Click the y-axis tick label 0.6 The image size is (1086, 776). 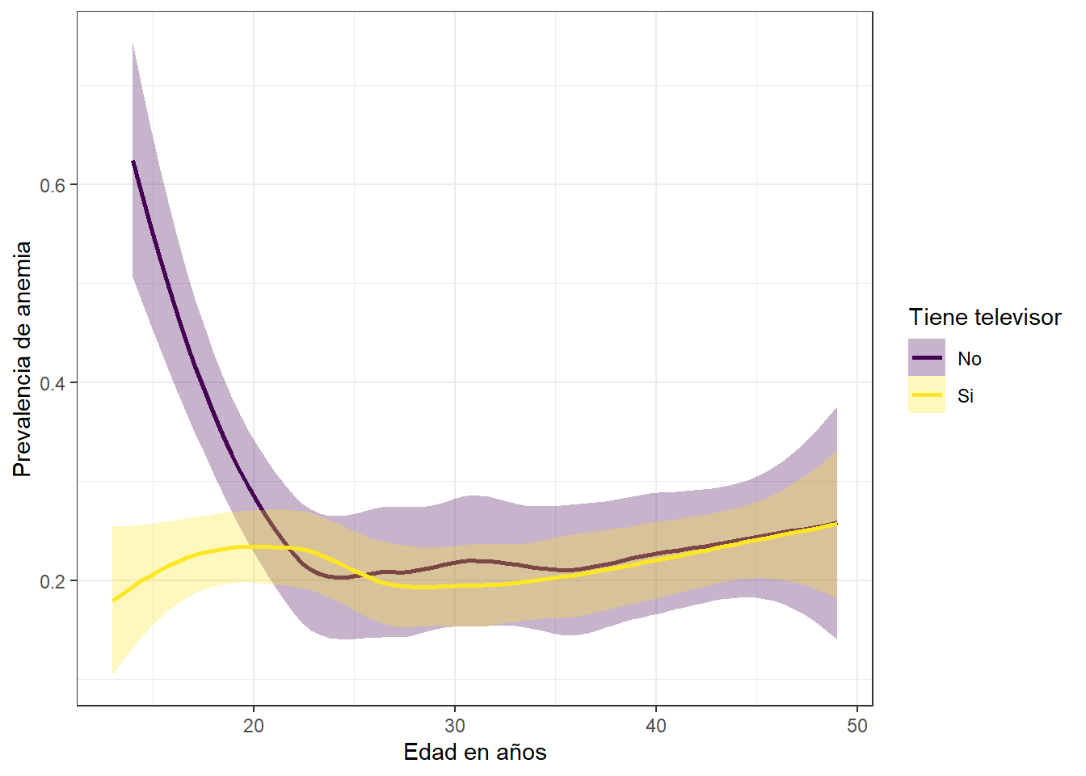[53, 185]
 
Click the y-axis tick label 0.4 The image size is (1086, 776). [53, 383]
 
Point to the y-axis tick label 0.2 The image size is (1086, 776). [53, 581]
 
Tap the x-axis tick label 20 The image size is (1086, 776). [254, 726]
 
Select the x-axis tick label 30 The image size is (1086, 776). [455, 726]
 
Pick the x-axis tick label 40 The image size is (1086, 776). [656, 726]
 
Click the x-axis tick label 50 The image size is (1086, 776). [857, 726]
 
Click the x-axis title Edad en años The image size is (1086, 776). [475, 753]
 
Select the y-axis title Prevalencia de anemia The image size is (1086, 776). [23, 359]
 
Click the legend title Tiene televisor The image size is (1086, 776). [985, 317]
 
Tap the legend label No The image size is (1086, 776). [970, 359]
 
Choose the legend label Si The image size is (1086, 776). [966, 396]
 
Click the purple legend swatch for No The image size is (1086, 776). [927, 357]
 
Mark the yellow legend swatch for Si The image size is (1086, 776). [927, 395]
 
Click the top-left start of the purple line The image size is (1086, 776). [133, 162]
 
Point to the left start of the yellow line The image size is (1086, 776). [114, 601]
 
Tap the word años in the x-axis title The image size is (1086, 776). [522, 753]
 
